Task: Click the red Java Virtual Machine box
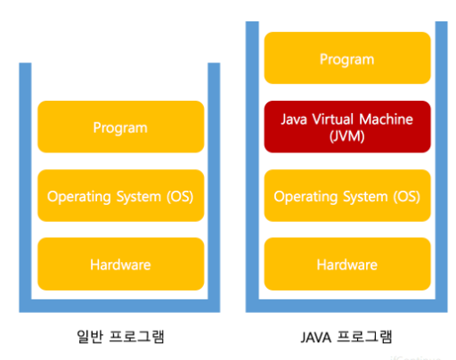[x=347, y=127]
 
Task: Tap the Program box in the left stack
[x=121, y=127]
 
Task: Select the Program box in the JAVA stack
[x=347, y=58]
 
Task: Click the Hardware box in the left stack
[x=121, y=264]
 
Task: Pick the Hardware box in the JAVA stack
[x=347, y=264]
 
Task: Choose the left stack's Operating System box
[x=121, y=195]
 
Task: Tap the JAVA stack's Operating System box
[x=347, y=195]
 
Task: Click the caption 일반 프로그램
[x=120, y=337]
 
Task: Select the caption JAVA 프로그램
[x=346, y=337]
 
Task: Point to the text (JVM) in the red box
[x=347, y=136]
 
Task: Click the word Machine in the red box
[x=386, y=119]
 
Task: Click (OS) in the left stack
[x=180, y=197]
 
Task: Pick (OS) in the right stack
[x=407, y=197]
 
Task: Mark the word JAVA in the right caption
[x=316, y=338]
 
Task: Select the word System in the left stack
[x=139, y=197]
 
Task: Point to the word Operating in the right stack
[x=305, y=197]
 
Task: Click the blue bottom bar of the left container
[x=119, y=306]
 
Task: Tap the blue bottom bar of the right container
[x=346, y=306]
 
